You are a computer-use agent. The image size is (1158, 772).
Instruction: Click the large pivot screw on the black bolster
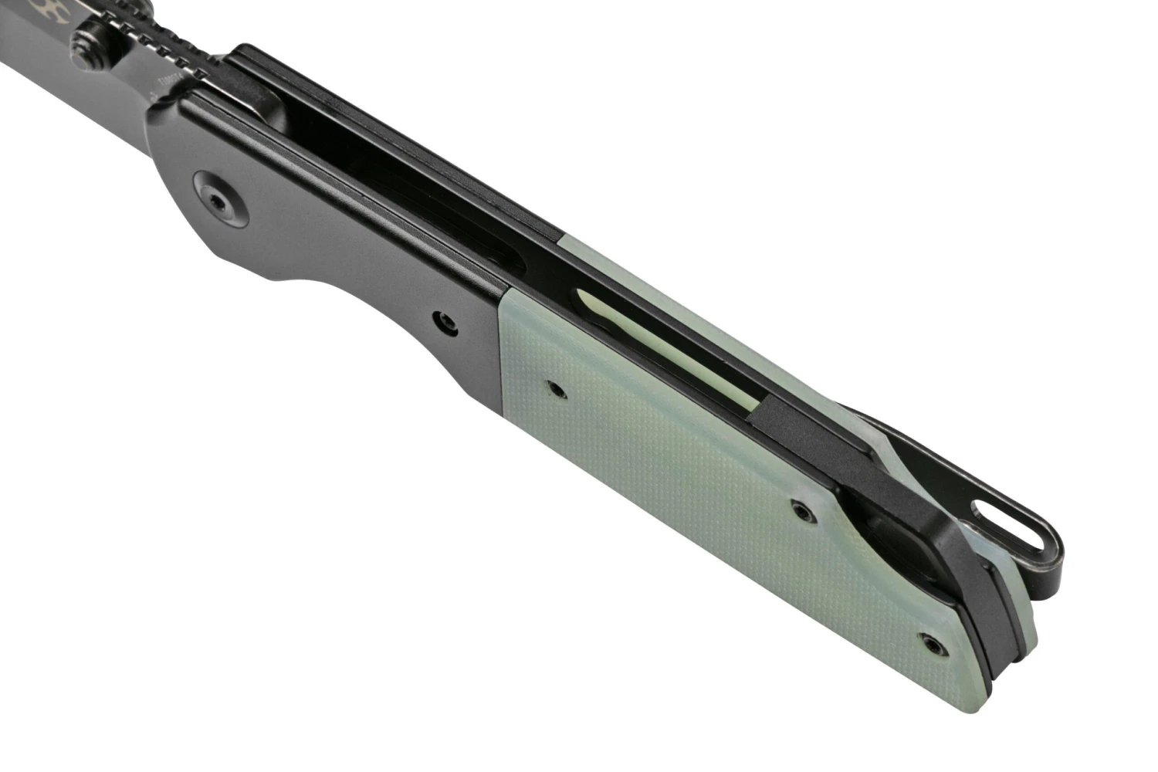(x=219, y=201)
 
